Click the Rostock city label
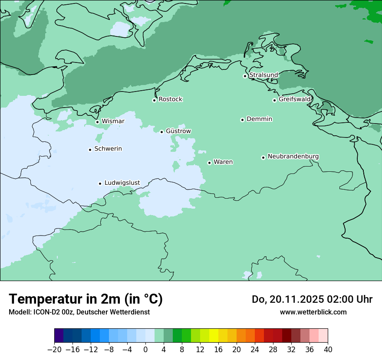click(170, 99)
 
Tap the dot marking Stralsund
click(245, 76)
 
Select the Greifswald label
click(294, 99)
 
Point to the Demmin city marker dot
click(242, 120)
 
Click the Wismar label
click(113, 121)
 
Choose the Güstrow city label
click(178, 131)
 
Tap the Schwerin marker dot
click(90, 150)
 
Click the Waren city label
click(223, 162)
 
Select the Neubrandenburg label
click(293, 157)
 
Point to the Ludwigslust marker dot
click(100, 183)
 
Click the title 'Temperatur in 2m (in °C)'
click(86, 299)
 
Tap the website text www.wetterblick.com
click(313, 312)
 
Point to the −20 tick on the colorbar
click(55, 350)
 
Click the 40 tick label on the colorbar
click(328, 350)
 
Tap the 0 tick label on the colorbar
click(145, 350)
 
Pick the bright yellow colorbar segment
click(214, 336)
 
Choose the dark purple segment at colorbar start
click(59, 336)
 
